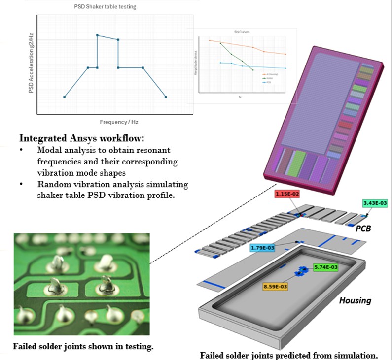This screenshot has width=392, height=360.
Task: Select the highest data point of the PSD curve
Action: point(97,35)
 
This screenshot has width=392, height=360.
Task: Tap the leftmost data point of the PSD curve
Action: point(65,97)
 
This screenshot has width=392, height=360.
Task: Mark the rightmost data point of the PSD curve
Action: point(166,97)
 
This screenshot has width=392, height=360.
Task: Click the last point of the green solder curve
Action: point(253,70)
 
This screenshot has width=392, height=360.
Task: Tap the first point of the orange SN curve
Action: point(210,40)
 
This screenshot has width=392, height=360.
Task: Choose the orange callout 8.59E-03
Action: point(275,286)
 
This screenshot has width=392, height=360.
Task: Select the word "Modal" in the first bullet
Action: point(48,149)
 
